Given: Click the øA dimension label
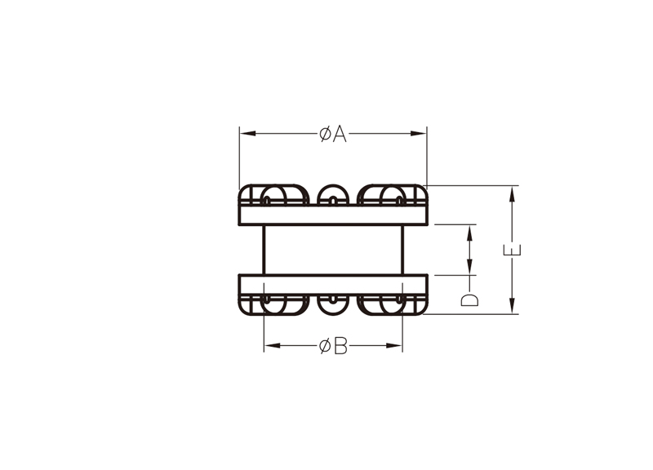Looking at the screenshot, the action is coord(333,134).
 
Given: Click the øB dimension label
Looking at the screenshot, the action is coord(333,346).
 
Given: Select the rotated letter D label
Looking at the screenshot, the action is coord(470,299).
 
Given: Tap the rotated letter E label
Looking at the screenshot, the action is coord(513,251).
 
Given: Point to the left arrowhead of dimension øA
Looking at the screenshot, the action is coord(248,134).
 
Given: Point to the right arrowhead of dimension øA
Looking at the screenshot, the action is coord(419,134).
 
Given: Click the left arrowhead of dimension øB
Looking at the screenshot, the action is coord(272,345).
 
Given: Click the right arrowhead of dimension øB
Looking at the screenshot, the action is coord(394,345).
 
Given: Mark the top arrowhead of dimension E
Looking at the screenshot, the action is coord(513,194).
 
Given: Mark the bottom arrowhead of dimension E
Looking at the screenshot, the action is coord(513,305).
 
